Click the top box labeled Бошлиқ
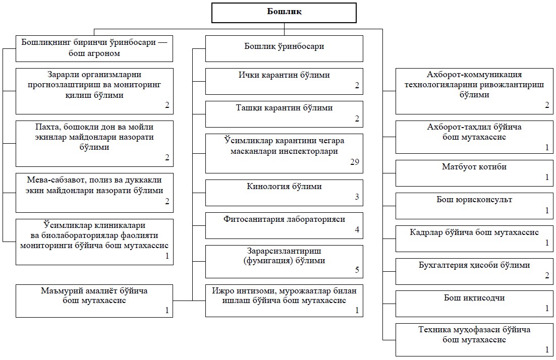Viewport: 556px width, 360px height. pyautogui.click(x=284, y=13)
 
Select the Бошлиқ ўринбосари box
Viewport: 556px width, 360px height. pyautogui.click(x=284, y=48)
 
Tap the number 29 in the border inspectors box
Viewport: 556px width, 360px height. pyautogui.click(x=355, y=162)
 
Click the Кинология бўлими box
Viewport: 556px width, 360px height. pyautogui.click(x=284, y=193)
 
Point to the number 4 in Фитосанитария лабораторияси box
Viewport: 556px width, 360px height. pyautogui.click(x=357, y=229)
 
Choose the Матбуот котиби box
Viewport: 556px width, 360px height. pyautogui.click(x=474, y=173)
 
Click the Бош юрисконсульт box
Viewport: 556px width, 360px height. pyautogui.click(x=474, y=206)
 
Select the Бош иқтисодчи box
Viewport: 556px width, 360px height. pyautogui.click(x=474, y=304)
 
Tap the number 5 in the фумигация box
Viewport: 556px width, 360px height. pyautogui.click(x=357, y=270)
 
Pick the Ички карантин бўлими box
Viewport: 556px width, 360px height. pyautogui.click(x=284, y=82)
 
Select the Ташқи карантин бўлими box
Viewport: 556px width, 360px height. pyautogui.click(x=284, y=114)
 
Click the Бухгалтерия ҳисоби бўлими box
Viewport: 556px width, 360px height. pyautogui.click(x=474, y=271)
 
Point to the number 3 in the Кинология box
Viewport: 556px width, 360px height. pyautogui.click(x=357, y=197)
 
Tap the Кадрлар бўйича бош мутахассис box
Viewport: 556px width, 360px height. pyautogui.click(x=474, y=238)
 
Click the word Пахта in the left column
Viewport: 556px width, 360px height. pyautogui.click(x=46, y=127)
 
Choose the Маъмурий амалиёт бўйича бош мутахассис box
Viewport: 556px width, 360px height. pyautogui.click(x=94, y=301)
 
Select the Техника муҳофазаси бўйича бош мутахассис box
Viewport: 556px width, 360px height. pyautogui.click(x=474, y=340)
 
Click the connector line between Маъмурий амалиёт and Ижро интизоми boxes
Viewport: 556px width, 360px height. pyautogui.click(x=189, y=301)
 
